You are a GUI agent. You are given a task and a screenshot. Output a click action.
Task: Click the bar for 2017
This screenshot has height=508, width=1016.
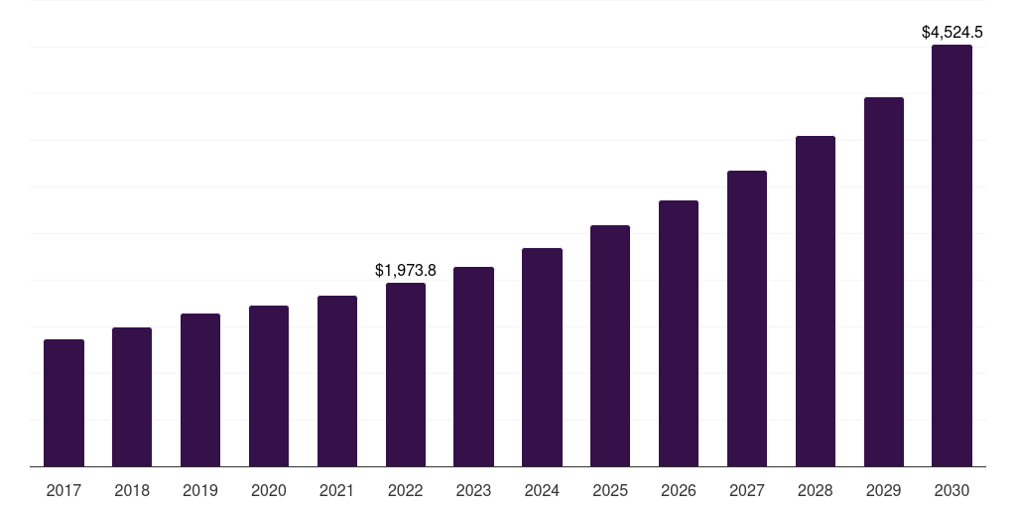[64, 403]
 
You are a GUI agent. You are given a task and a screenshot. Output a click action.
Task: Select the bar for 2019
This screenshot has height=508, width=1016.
[200, 390]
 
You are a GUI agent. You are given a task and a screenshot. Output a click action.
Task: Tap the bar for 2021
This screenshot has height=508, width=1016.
[337, 381]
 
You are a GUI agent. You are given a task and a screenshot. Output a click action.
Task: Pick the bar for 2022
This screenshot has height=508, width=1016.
[406, 375]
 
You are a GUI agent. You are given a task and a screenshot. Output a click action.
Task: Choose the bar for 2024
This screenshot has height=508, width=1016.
[542, 357]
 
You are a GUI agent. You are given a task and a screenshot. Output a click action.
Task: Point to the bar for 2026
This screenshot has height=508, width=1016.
[679, 333]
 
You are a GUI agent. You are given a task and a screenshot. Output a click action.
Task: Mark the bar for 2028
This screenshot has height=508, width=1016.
[816, 302]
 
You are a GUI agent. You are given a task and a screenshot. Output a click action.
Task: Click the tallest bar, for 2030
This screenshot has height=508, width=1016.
[952, 256]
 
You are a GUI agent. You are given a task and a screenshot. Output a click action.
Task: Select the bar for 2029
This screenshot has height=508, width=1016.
[884, 282]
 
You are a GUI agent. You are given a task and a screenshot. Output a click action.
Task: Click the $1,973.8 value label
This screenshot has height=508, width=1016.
[406, 270]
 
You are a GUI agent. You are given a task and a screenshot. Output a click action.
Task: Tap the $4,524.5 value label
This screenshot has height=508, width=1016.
[952, 33]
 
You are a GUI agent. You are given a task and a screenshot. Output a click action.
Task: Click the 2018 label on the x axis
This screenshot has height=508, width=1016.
[132, 490]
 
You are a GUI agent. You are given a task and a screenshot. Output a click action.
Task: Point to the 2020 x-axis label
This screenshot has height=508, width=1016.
[269, 490]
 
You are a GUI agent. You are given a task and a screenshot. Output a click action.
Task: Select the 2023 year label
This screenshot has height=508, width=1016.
[473, 490]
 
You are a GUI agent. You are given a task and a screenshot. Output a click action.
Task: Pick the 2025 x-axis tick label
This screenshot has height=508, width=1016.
[610, 490]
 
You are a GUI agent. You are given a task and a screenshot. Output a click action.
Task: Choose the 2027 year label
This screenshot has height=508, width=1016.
[747, 490]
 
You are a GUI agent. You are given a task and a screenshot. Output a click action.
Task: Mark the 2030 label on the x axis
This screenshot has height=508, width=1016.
[952, 490]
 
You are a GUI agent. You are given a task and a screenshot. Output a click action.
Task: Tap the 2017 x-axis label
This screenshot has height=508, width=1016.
[64, 490]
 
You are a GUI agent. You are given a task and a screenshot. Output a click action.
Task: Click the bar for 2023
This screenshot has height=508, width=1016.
[473, 367]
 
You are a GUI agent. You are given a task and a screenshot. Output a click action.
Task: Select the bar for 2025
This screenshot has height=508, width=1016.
[610, 346]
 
